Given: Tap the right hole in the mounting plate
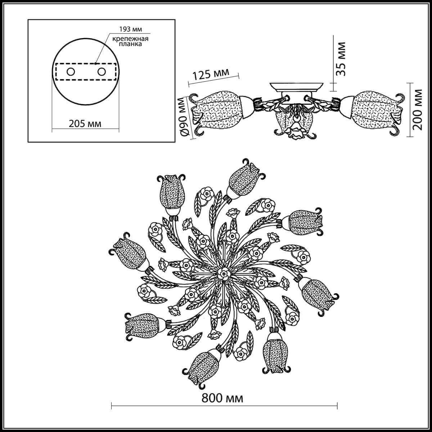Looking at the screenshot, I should [x=102, y=72].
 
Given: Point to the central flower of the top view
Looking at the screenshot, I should [x=224, y=275].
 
